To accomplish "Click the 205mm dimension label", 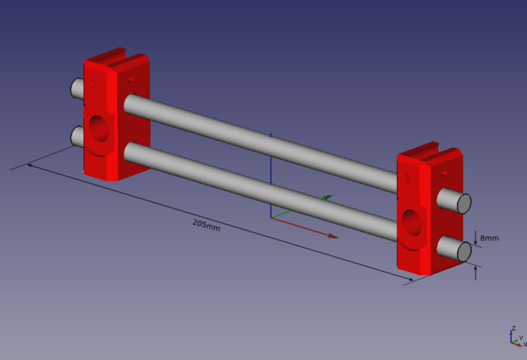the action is tap(207, 225).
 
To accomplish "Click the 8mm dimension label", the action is tap(489, 238).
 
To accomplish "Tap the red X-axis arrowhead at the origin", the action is tap(333, 236).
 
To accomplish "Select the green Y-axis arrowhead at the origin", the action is tap(328, 198).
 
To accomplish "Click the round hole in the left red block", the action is tap(99, 128).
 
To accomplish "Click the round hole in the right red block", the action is tap(412, 222).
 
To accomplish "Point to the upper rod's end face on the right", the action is tap(464, 203).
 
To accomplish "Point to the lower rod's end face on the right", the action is tap(464, 251).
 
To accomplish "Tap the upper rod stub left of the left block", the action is tap(77, 88).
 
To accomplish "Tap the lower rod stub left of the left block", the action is tap(77, 136).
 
